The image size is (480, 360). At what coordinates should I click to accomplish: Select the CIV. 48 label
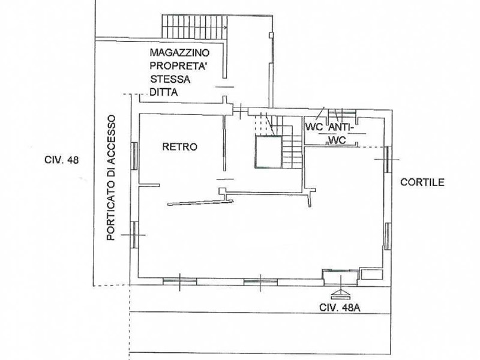click(x=62, y=160)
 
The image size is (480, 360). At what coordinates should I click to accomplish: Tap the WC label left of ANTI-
click(x=314, y=128)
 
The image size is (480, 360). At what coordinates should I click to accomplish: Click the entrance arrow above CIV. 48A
click(x=340, y=293)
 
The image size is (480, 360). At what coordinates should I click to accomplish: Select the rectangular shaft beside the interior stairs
click(x=267, y=152)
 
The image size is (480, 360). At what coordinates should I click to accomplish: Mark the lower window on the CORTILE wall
click(x=388, y=235)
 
